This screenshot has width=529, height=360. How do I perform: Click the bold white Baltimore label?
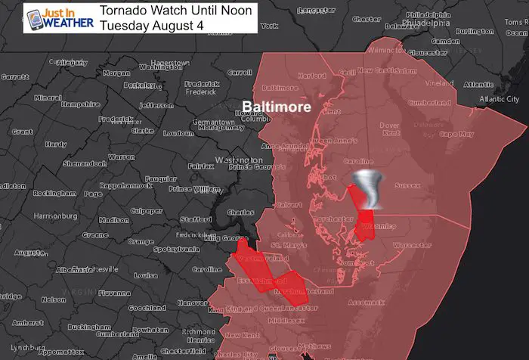tap(277, 107)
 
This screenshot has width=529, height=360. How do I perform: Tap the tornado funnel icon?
tap(373, 189)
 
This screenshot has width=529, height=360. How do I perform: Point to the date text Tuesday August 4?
tap(156, 25)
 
